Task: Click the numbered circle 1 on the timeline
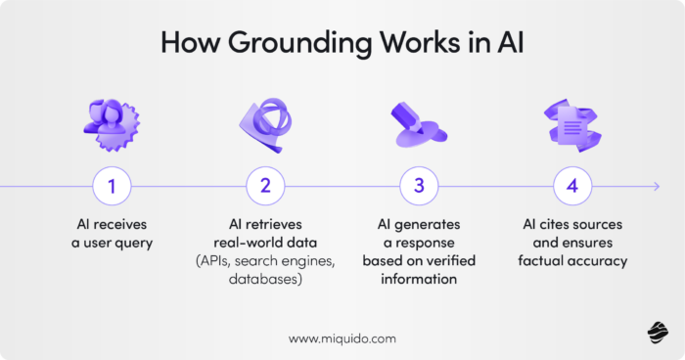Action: [112, 185]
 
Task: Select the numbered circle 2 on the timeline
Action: [264, 185]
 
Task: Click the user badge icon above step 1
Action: [113, 123]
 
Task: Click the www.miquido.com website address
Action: [342, 337]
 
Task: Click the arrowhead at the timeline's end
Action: [656, 185]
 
